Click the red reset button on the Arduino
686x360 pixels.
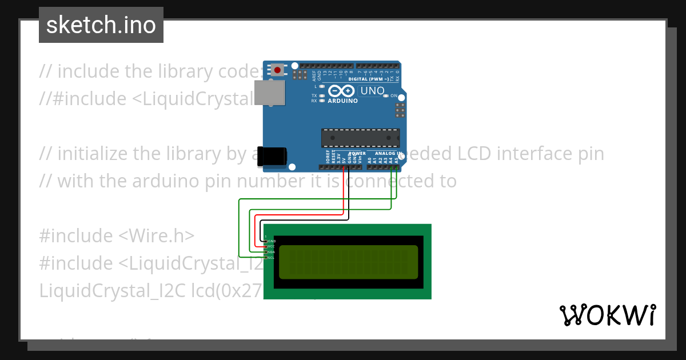(x=277, y=70)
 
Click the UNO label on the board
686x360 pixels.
(x=372, y=91)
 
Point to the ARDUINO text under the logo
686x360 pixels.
(x=342, y=101)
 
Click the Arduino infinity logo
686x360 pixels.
(x=342, y=91)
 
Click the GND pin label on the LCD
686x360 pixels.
(x=272, y=241)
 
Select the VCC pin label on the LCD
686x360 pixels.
(x=272, y=246)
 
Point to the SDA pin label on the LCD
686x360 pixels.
(x=272, y=252)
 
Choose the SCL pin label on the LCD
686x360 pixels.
(x=272, y=258)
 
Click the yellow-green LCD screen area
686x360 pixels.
(x=349, y=262)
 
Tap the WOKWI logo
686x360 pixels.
(x=608, y=315)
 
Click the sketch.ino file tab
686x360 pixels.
(x=101, y=25)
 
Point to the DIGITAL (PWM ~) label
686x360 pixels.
(x=372, y=79)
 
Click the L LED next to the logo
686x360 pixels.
(x=322, y=86)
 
